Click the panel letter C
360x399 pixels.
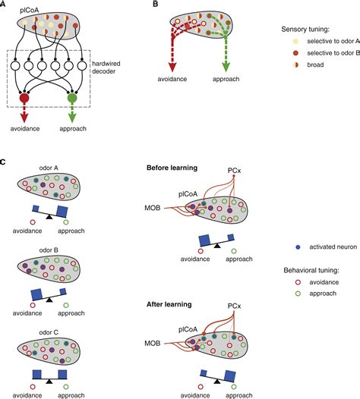4,162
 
